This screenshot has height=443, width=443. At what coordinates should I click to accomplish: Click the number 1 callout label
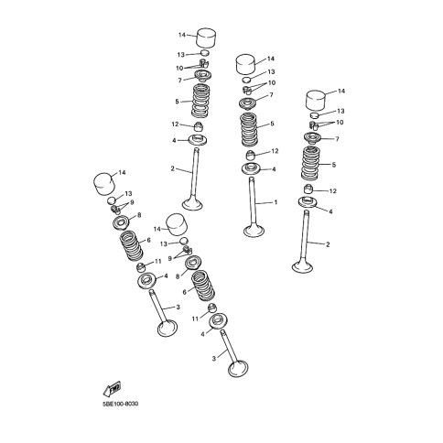276,202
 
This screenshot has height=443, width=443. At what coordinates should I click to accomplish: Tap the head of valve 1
254,231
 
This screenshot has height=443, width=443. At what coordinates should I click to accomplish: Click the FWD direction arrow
112,389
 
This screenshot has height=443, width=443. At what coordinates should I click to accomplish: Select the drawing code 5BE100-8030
120,404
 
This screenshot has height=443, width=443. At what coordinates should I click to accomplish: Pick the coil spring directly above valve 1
249,129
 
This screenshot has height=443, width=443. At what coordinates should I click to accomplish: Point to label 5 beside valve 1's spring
272,124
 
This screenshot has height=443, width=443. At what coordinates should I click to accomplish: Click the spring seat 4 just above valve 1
251,168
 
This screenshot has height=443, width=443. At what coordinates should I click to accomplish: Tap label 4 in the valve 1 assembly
274,169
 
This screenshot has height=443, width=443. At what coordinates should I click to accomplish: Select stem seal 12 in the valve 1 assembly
251,155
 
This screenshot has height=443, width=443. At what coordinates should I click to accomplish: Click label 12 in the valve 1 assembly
275,151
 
